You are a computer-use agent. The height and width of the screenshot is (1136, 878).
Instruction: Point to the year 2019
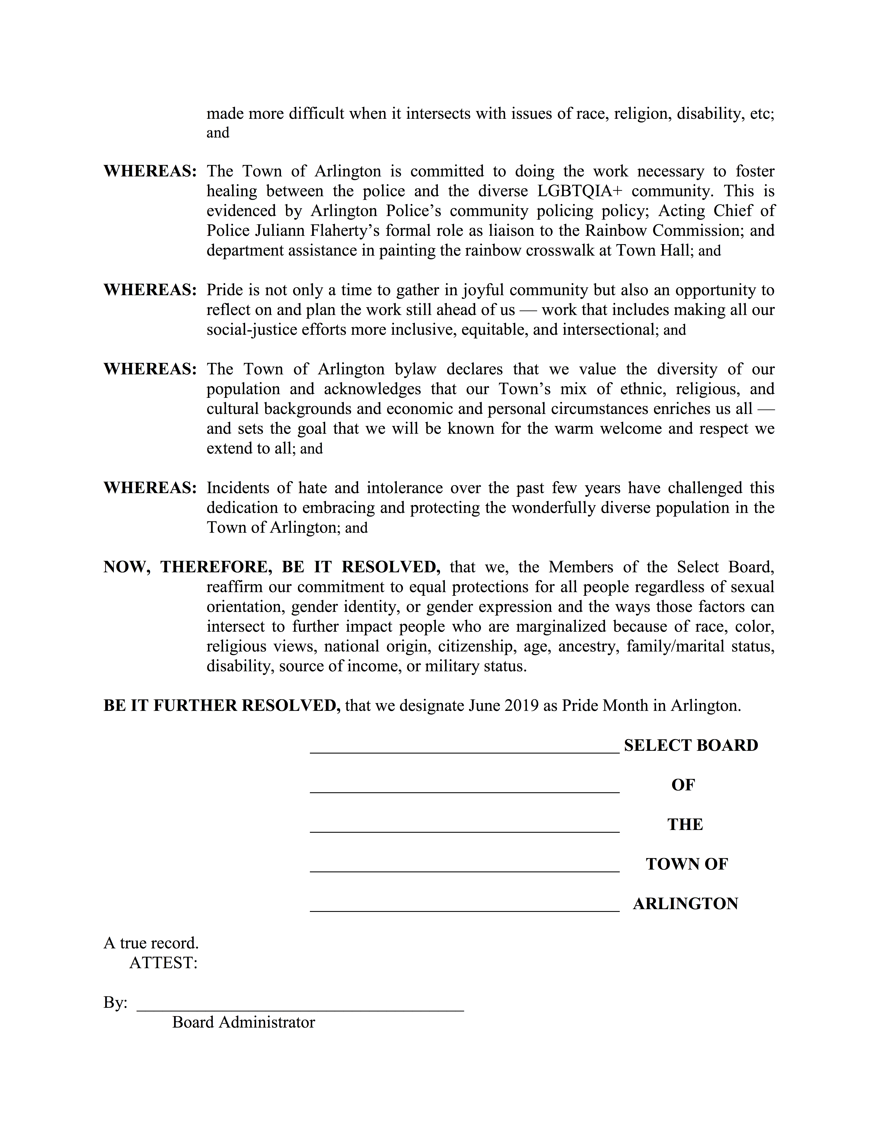(521, 706)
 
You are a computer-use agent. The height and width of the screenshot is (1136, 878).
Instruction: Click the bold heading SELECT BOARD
(691, 745)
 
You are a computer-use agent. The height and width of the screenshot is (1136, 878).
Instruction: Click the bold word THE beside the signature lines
(685, 824)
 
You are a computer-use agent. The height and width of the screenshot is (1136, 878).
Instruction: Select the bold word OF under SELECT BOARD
(683, 785)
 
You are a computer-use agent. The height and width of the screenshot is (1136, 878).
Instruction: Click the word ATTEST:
(163, 963)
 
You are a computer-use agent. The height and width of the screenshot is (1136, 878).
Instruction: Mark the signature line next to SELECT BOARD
(464, 752)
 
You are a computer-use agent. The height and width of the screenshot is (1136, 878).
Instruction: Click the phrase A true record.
(151, 943)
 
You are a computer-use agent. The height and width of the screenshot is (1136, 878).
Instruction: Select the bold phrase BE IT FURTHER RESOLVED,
(222, 706)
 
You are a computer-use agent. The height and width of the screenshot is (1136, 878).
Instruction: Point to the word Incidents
(237, 488)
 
